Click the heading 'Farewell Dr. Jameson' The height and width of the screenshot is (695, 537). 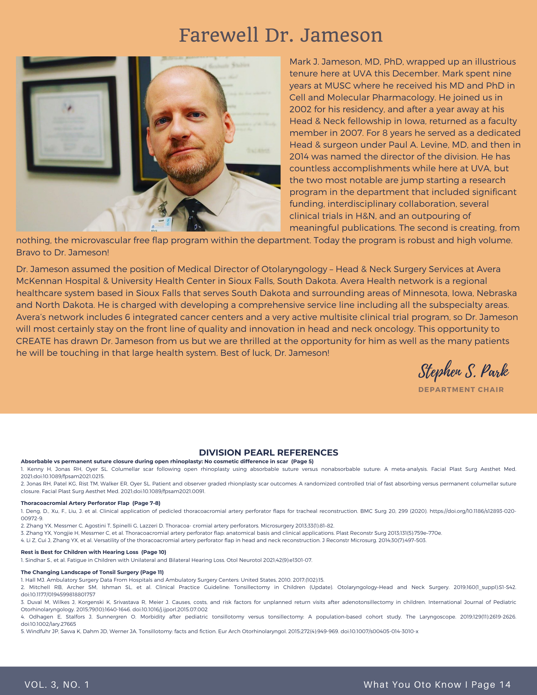281,36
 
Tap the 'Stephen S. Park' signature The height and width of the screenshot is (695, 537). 463,371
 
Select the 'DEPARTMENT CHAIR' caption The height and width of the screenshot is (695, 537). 461,390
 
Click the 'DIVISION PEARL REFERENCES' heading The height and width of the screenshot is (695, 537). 268,452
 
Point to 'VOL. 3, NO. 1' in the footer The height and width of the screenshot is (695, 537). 57,685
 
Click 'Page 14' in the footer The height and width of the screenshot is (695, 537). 491,685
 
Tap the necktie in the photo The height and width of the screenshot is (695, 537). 192,215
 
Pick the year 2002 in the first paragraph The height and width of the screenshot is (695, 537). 300,109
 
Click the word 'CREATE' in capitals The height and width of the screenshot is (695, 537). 33,341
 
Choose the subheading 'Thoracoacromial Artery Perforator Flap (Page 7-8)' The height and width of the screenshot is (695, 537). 90,503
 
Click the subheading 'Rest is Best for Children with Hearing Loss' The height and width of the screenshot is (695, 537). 80,552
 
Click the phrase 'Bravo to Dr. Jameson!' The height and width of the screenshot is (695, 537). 63,253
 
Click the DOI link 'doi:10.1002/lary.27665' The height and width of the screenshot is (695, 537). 48,624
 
